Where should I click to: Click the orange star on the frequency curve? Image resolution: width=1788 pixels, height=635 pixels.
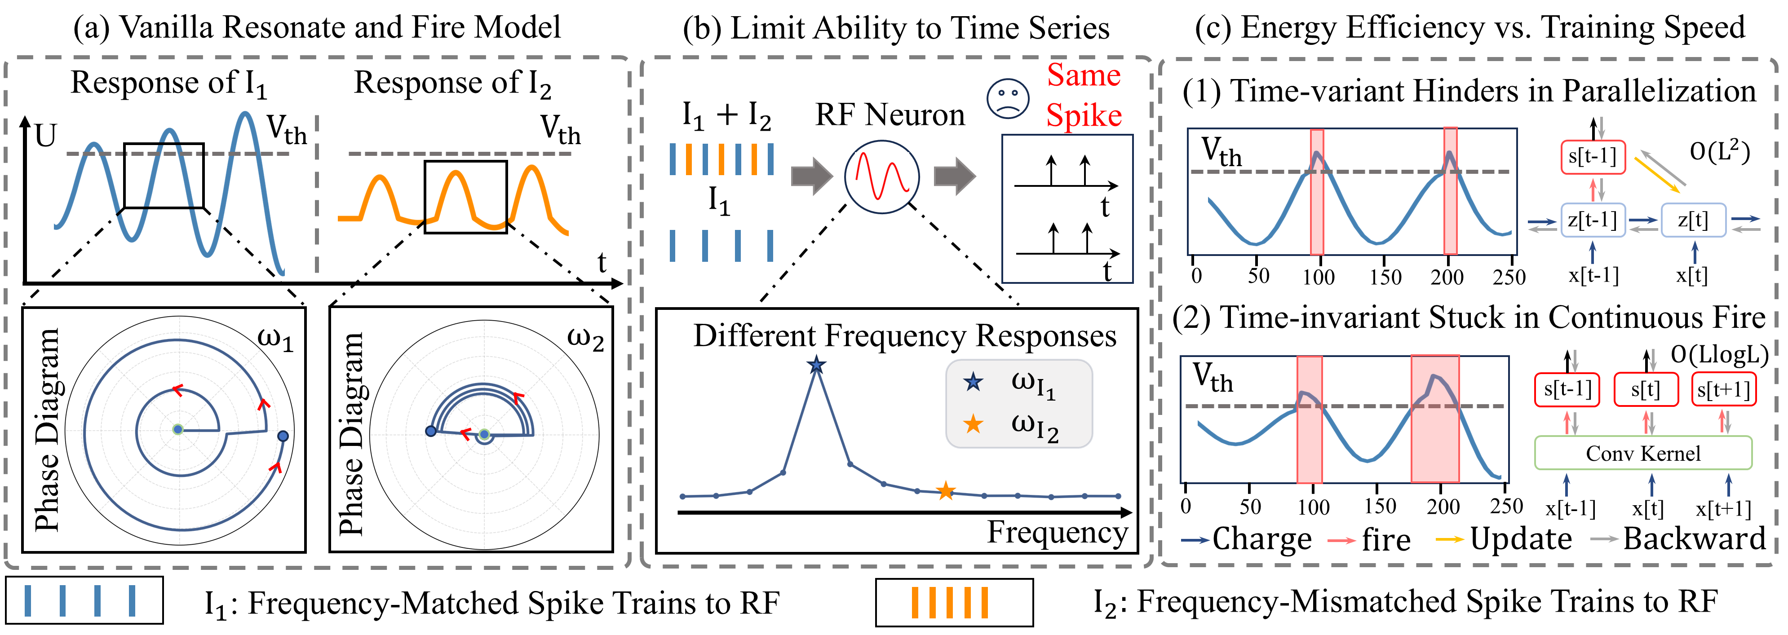tap(945, 491)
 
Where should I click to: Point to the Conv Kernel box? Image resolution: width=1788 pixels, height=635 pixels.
tap(1642, 453)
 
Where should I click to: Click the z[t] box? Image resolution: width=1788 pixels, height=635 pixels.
tap(1692, 220)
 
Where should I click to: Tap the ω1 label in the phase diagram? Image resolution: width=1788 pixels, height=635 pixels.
tap(275, 340)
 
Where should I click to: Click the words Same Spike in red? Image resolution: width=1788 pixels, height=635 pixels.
tap(1084, 95)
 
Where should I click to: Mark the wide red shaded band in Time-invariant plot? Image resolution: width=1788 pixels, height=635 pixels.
tap(1435, 419)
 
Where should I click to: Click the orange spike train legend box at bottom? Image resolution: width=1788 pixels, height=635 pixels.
tap(954, 602)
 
